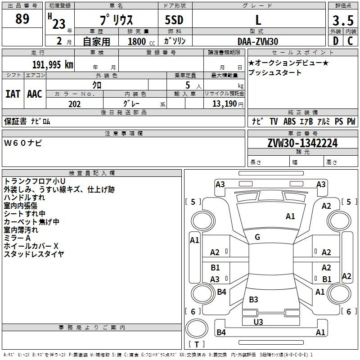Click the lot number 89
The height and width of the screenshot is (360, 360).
[22, 18]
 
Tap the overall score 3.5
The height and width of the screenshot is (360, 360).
[343, 20]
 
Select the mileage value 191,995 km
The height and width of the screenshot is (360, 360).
[53, 64]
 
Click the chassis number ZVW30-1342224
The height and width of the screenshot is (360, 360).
[302, 143]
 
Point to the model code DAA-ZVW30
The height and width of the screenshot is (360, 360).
[258, 41]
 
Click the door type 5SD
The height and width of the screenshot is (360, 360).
[174, 20]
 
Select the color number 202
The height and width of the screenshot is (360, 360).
[74, 104]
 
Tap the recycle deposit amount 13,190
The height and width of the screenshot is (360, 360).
[224, 104]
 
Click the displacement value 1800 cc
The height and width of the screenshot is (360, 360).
[141, 41]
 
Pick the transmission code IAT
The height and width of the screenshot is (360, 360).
[13, 94]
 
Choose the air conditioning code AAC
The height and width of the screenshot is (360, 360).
[35, 94]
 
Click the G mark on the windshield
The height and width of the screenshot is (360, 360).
[257, 237]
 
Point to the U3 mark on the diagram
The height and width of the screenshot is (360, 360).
[258, 322]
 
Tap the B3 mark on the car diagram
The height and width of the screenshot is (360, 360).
[253, 299]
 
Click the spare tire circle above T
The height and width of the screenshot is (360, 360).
[197, 328]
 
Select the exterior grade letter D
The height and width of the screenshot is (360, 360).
[336, 41]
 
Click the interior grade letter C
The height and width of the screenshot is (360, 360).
[350, 41]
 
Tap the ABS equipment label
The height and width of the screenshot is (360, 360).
[289, 121]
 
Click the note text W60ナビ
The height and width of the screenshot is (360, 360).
[23, 143]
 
